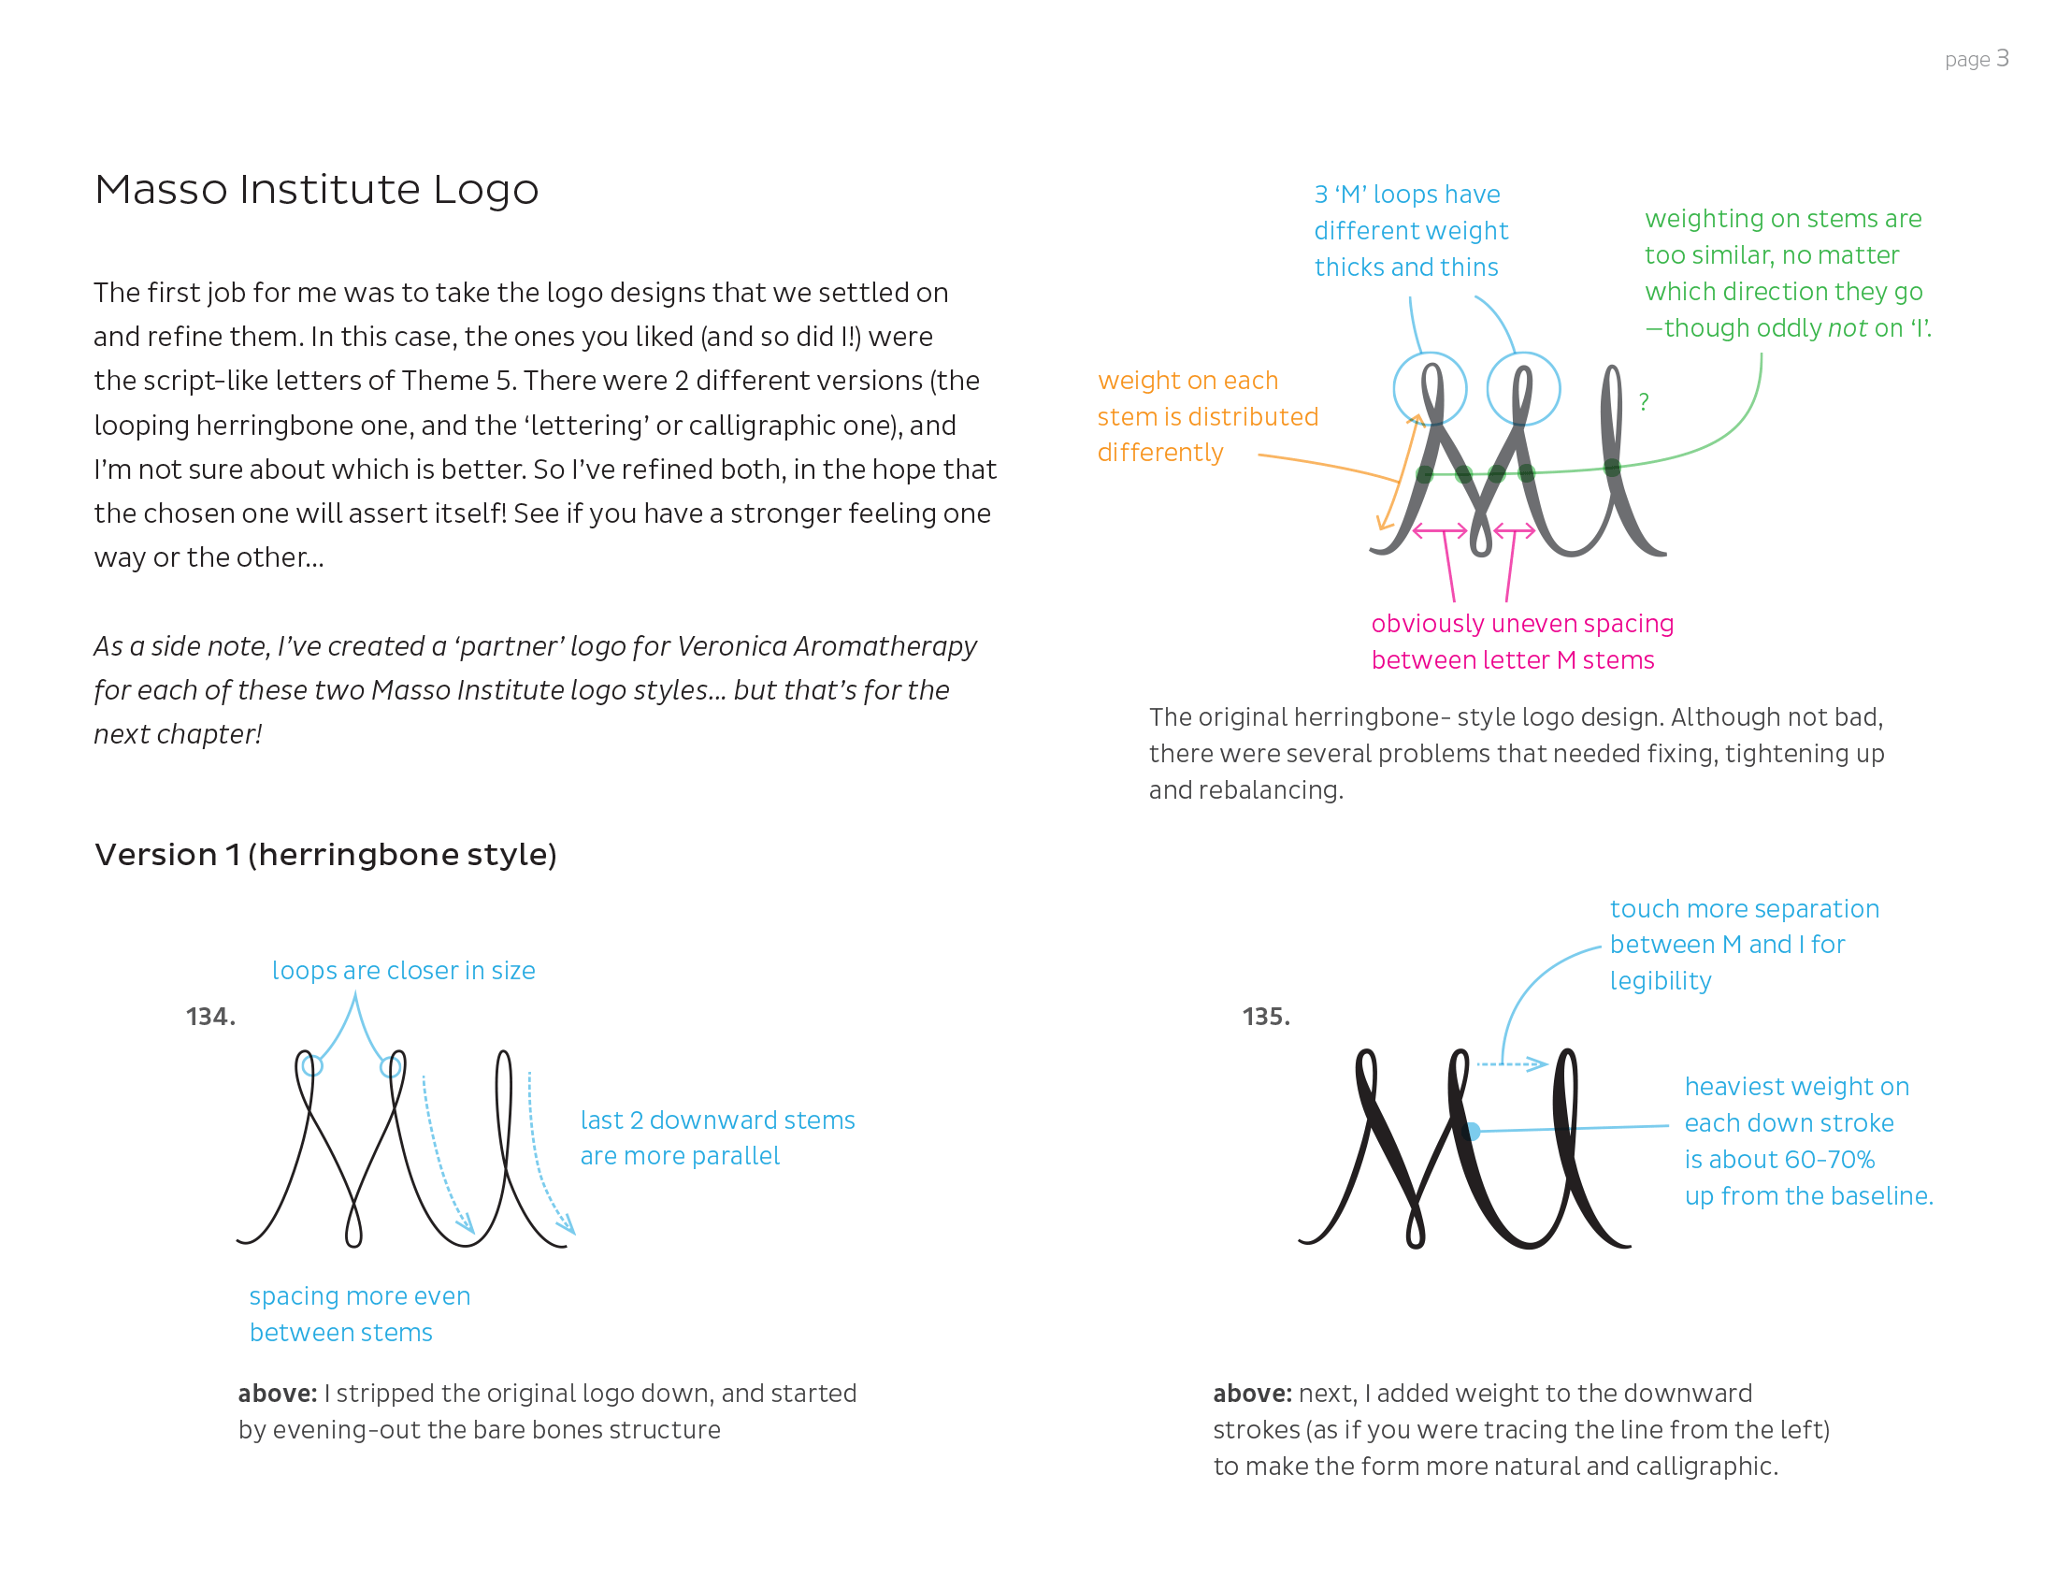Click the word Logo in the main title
click(485, 189)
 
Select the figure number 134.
click(210, 1017)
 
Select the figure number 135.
click(1266, 1017)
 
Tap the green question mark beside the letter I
click(1644, 402)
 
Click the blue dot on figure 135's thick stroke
click(1472, 1132)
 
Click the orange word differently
click(1160, 453)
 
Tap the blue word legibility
click(1661, 981)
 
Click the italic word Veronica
click(731, 646)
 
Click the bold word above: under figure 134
click(277, 1394)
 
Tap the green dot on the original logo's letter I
click(1613, 468)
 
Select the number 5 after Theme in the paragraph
click(504, 381)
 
